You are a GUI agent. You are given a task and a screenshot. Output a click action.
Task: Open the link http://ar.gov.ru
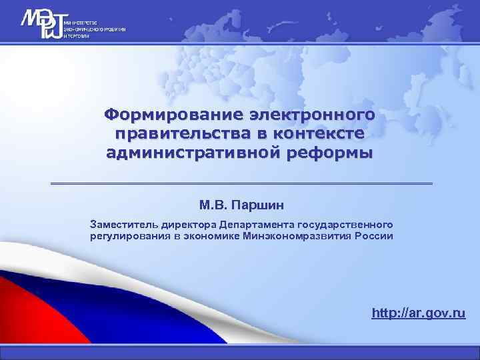419,313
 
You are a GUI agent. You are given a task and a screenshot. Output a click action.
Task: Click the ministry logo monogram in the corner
40,25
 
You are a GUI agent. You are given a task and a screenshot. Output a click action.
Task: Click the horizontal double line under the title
241,183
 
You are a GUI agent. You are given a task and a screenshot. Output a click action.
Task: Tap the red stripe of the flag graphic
27,313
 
